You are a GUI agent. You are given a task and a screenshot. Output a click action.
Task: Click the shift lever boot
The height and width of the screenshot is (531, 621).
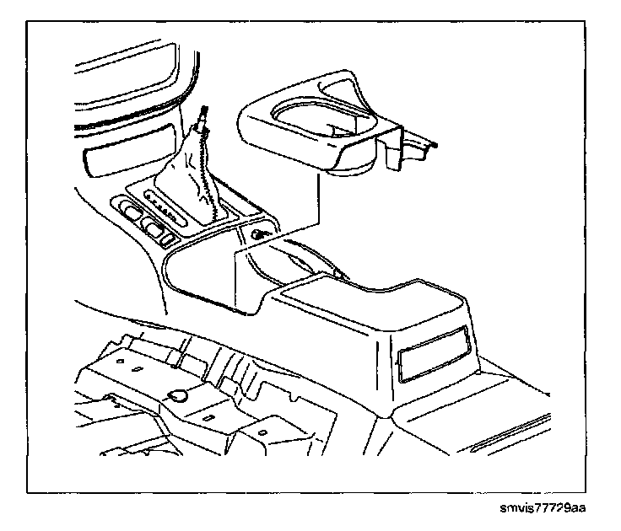(x=196, y=181)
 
